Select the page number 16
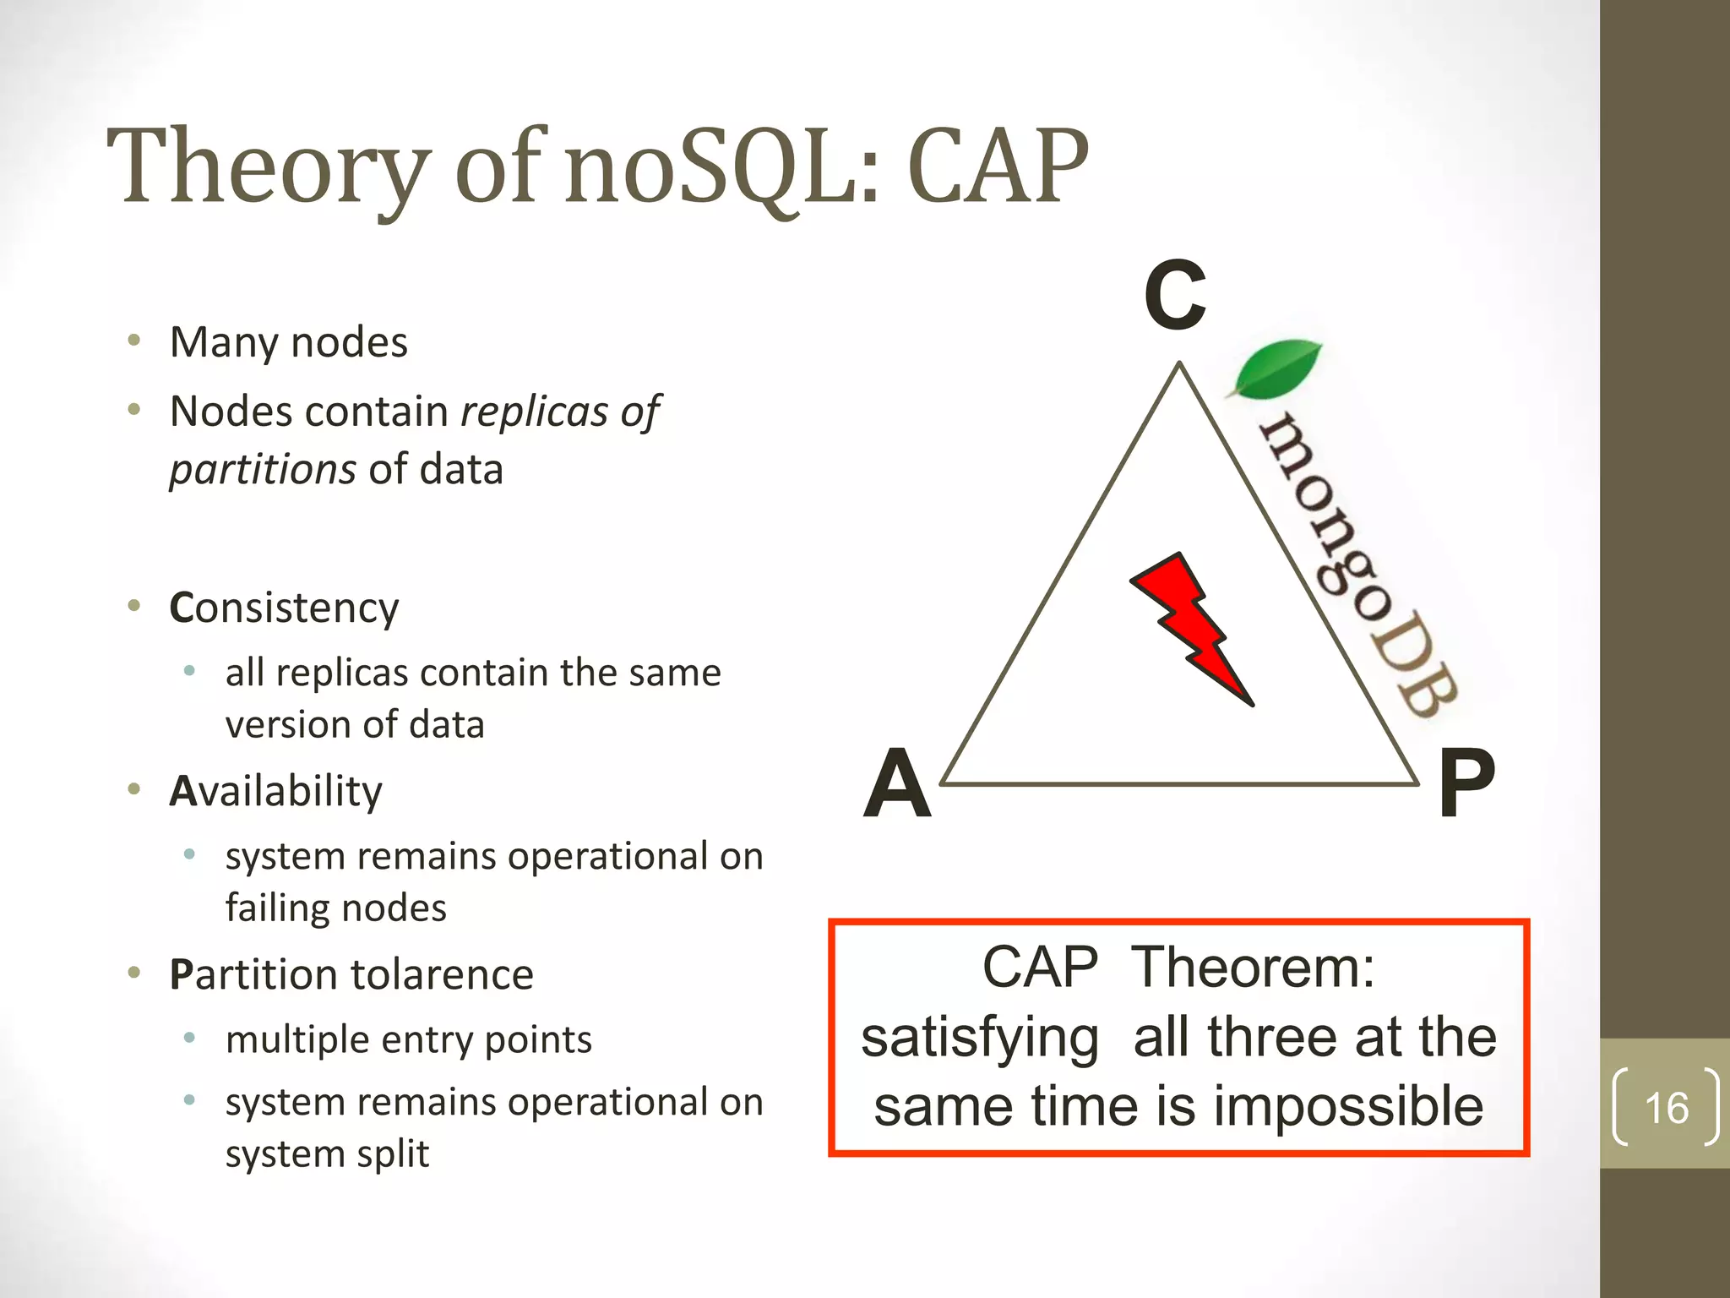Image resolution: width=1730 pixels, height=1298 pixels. tap(1666, 1108)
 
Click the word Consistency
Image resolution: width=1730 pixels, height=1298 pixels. tap(284, 608)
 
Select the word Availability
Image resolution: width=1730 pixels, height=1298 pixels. tap(275, 792)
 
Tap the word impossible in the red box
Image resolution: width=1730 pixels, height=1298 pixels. tap(1348, 1106)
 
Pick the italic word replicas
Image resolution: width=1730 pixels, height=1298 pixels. tap(534, 412)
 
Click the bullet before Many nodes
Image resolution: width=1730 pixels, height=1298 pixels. tap(133, 341)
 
